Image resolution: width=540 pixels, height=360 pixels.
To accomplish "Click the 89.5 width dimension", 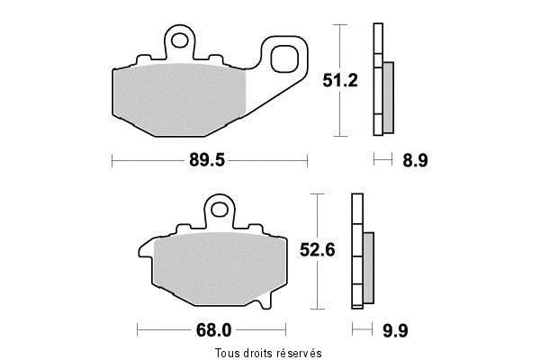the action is click(x=207, y=160).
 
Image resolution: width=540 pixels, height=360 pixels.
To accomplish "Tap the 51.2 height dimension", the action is click(x=340, y=80).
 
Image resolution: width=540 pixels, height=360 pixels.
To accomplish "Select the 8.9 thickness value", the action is click(x=415, y=160).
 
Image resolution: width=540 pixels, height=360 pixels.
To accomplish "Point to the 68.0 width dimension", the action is click(x=213, y=330).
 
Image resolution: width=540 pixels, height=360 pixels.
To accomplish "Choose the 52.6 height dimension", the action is click(x=317, y=250).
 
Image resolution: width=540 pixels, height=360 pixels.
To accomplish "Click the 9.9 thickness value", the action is click(x=395, y=330).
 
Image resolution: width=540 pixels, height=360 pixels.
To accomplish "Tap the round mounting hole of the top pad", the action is click(x=179, y=40).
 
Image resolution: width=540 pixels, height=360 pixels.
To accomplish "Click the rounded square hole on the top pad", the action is click(x=284, y=58).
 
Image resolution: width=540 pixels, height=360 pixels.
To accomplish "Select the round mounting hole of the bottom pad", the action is click(x=219, y=210).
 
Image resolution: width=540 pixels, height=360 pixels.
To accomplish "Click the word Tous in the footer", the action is click(x=226, y=353).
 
